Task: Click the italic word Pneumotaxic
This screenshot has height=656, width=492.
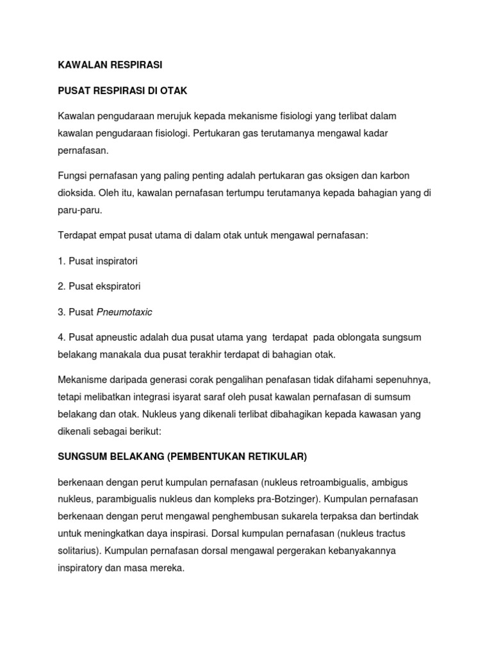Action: [x=124, y=312]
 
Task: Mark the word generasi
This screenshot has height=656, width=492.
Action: [x=165, y=381]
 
